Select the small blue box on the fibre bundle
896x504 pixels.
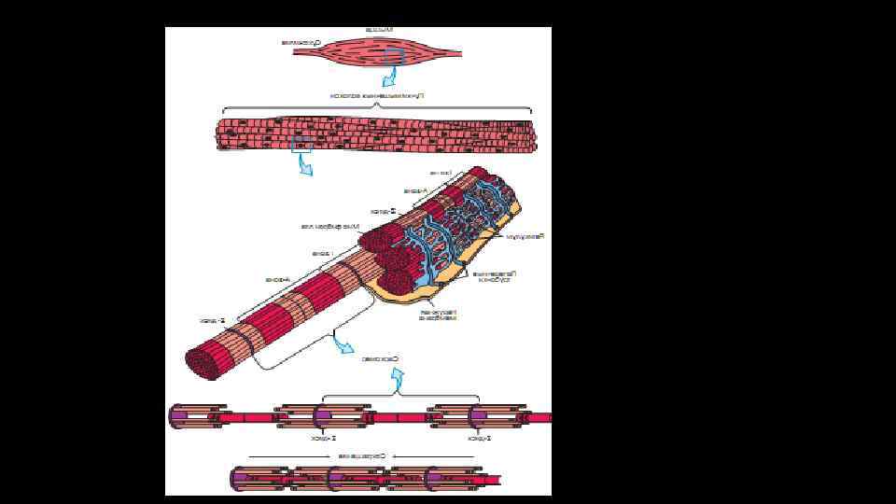tap(301, 144)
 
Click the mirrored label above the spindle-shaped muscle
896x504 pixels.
tap(380, 30)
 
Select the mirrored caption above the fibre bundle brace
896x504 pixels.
tap(376, 95)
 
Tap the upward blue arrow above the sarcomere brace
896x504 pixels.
tap(399, 379)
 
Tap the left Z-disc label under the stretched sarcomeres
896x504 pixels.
tap(323, 436)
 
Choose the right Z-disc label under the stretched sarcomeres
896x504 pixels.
tap(480, 436)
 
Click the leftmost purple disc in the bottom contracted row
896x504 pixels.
tap(241, 479)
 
